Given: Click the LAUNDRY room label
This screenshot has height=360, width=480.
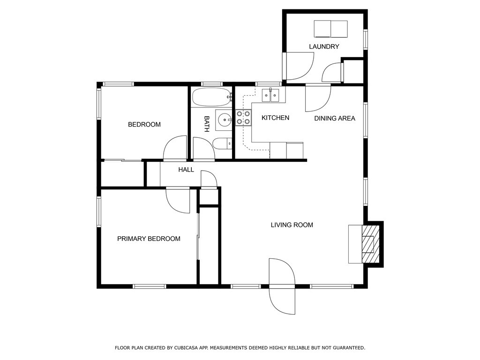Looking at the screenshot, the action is pos(324,46).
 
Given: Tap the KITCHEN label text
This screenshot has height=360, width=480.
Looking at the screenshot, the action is pos(275,118).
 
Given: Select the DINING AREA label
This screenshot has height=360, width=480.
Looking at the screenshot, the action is pos(335,118).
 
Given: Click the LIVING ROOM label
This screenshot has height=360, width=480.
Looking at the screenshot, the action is pos(292,225).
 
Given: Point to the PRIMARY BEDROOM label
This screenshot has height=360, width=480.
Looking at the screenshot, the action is pos(149,239).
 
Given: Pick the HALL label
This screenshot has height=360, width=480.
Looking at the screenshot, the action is pos(186,170).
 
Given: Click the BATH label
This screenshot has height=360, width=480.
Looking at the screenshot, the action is pos(207,124).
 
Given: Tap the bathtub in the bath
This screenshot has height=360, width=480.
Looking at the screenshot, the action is pos(211,97).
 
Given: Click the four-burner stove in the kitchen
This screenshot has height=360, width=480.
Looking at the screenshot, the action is pos(243,118).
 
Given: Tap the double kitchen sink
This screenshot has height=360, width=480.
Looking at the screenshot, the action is pos(270,96).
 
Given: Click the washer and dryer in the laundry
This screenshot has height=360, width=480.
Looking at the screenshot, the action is pos(331,29).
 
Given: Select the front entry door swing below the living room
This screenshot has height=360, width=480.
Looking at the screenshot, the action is pos(282,286).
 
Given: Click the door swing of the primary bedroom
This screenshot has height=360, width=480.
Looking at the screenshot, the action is pos(178,200).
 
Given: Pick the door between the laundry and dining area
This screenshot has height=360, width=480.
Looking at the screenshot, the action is pos(318,97).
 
